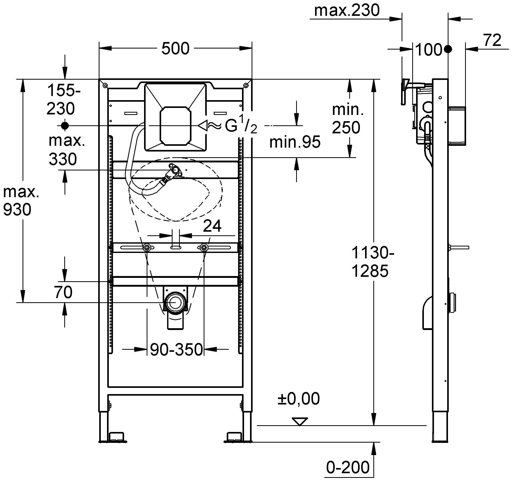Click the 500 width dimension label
[x=175, y=49]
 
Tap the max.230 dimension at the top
[x=347, y=11]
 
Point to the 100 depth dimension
[x=429, y=50]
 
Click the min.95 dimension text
[x=295, y=142]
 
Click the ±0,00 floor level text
[x=298, y=399]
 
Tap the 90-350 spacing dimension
[x=176, y=349]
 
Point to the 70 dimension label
[x=63, y=292]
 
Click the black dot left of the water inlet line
[x=65, y=126]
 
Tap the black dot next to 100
[x=448, y=49]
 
